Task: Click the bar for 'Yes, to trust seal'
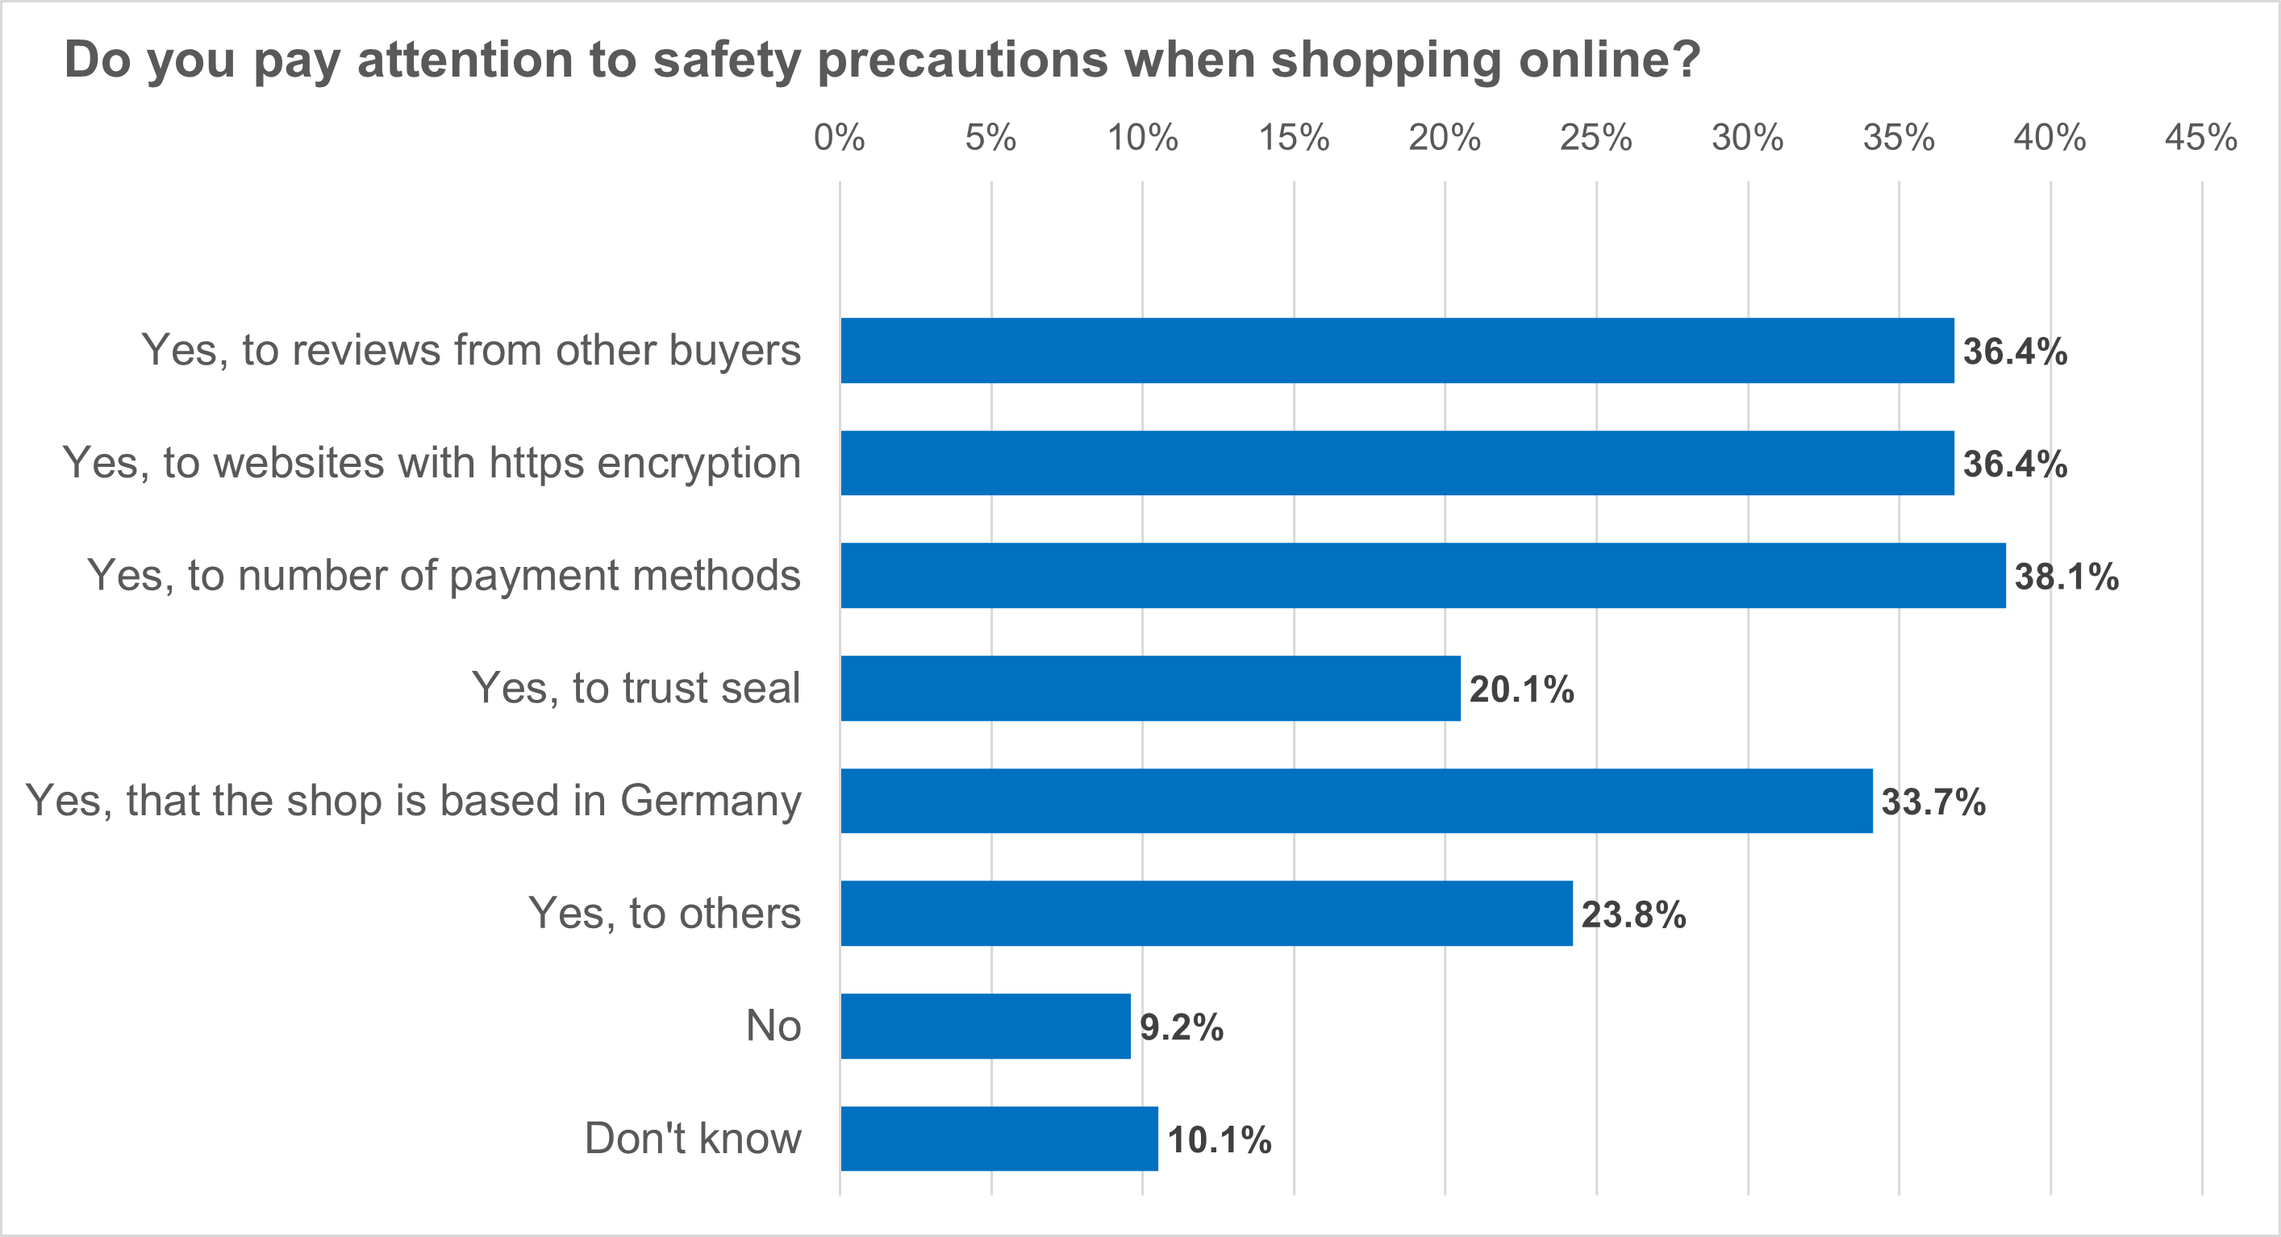(1149, 688)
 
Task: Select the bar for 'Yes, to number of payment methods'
(1422, 576)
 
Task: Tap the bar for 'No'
(985, 1026)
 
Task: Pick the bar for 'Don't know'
(999, 1138)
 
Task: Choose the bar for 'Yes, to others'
(1206, 913)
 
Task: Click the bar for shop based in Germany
(1356, 801)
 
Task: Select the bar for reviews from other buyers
(1396, 351)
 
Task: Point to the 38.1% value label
(2066, 577)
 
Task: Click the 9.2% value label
(1180, 1027)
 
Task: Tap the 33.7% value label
(1933, 802)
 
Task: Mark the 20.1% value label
(1521, 689)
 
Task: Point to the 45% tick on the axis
(2200, 138)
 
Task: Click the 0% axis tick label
(839, 138)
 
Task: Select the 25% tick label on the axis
(1595, 138)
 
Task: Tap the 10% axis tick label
(1141, 138)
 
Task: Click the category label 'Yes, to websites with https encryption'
(432, 463)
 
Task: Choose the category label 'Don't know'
(692, 1138)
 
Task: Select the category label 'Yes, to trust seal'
(636, 688)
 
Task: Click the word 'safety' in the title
(726, 60)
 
